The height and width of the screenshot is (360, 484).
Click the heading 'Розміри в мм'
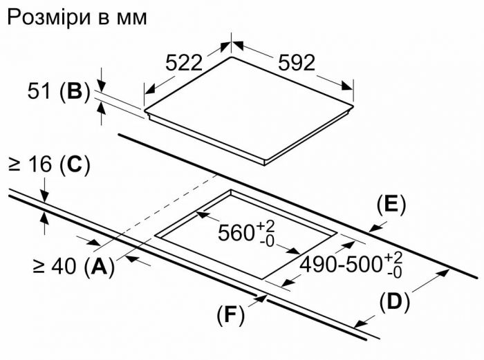[77, 17]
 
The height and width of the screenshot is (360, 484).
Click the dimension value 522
[184, 63]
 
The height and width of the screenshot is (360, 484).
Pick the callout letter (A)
[99, 266]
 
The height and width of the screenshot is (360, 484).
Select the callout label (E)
[391, 205]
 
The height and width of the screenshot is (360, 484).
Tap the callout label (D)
[395, 301]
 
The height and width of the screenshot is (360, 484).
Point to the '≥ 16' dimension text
[30, 165]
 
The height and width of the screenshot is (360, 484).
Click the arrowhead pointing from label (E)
[372, 227]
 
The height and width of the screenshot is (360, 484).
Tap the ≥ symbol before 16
[14, 165]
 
